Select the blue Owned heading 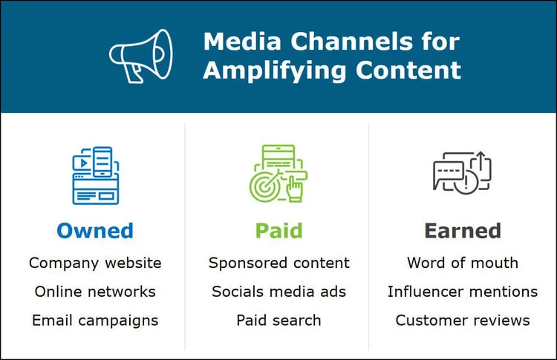94,231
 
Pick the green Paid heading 278,231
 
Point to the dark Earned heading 462,231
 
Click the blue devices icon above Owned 94,174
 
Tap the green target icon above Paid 278,174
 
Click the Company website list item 94,263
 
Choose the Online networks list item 94,292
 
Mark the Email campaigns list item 94,321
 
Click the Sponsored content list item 278,263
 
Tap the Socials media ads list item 278,292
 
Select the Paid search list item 278,321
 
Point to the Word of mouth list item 462,263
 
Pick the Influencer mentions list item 462,292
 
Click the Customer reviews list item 462,321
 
